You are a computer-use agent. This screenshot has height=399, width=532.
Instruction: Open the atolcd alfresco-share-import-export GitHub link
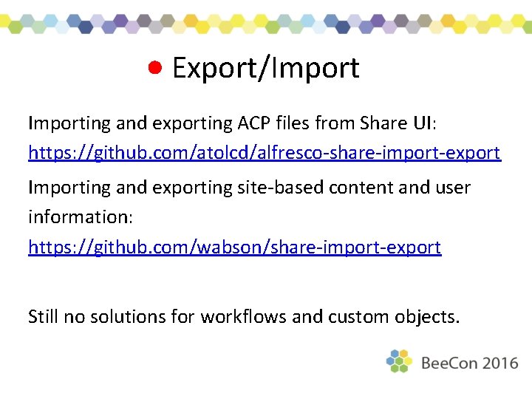tap(264, 153)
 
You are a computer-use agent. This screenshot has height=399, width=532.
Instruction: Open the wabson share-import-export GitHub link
tap(234, 247)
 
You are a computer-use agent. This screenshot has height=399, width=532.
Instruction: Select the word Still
tap(44, 317)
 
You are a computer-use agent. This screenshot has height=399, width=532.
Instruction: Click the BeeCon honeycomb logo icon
tap(399, 361)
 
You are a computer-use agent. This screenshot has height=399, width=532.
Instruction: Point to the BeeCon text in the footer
tap(450, 363)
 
